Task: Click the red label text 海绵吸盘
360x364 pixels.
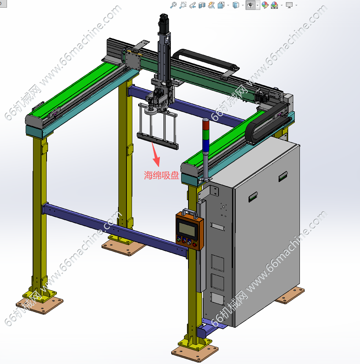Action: tap(161, 175)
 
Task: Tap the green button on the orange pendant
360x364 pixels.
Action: tap(179, 239)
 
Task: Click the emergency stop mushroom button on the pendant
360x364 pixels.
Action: tap(195, 244)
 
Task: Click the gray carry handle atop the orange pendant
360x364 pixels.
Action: tap(190, 213)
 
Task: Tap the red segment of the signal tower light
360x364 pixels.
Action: tap(206, 125)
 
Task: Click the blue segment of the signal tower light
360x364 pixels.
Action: tap(206, 145)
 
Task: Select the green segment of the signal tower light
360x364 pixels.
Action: tap(206, 135)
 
